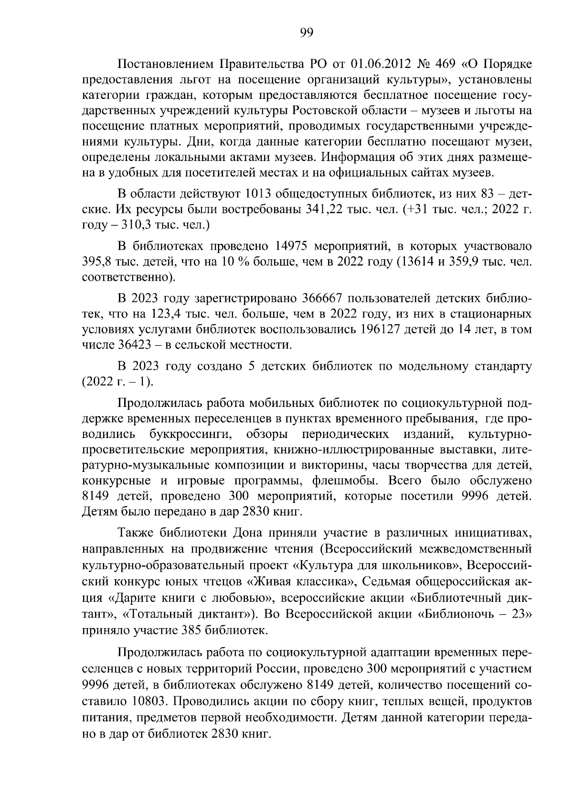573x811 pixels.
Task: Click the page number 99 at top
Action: coord(306,32)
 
